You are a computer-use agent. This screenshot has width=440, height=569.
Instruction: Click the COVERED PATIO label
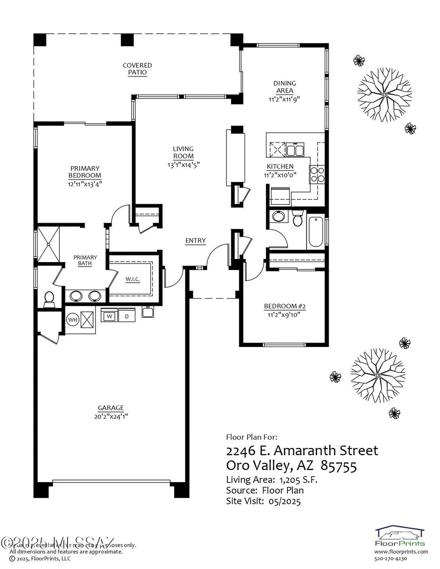pos(137,69)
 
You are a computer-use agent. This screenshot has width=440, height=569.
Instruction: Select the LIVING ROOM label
pos(183,152)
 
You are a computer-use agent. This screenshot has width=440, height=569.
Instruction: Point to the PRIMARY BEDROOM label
pos(85,172)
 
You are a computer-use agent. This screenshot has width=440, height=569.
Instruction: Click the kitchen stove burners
pos(317,174)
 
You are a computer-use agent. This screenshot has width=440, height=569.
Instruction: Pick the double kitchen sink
pos(295,150)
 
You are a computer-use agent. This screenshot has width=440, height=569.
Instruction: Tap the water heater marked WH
pos(73,320)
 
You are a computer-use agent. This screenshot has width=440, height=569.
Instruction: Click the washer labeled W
pos(109,316)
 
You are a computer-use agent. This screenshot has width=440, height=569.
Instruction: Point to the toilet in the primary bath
pos(49,299)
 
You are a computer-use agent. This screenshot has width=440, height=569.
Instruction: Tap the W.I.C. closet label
pos(132,280)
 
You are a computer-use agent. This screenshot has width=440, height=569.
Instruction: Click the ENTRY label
pos(196,240)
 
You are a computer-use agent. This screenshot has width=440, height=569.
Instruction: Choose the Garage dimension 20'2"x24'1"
pos(111,416)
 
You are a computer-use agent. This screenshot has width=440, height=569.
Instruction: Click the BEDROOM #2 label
pos(285,306)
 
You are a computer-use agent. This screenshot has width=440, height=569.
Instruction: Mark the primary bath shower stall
pos(48,244)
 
